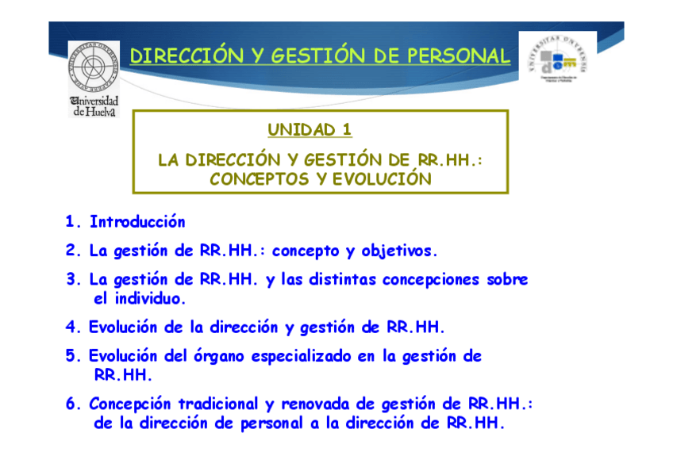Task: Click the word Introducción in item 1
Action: click(137, 222)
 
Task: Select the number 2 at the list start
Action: click(71, 251)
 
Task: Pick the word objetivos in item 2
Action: click(399, 251)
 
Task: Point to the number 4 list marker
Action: click(71, 327)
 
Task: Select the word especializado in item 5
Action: click(302, 356)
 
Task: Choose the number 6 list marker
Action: click(71, 404)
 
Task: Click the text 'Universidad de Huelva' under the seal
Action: click(94, 107)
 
